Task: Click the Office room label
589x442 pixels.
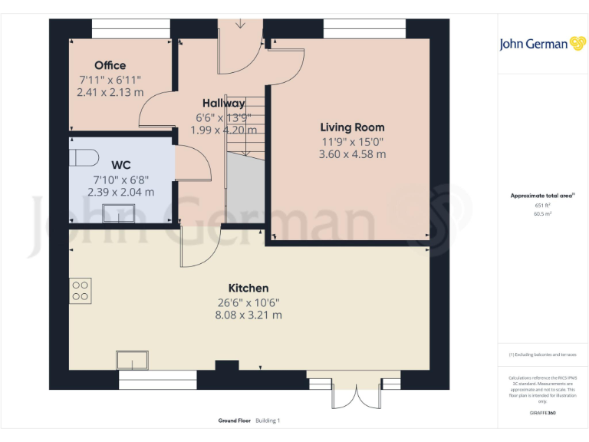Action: click(110, 65)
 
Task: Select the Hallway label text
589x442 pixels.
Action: click(224, 103)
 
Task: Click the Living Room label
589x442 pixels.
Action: click(352, 127)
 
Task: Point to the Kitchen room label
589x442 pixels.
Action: click(248, 288)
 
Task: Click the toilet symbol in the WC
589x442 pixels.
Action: click(84, 157)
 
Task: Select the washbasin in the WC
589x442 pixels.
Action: click(119, 212)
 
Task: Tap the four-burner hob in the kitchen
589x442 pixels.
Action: click(81, 290)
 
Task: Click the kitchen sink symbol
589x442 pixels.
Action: click(133, 360)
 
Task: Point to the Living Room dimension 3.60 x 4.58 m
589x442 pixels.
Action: click(352, 154)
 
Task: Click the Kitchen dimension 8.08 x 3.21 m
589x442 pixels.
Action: click(248, 315)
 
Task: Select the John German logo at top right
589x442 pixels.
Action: click(544, 44)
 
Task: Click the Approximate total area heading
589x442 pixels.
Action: click(543, 196)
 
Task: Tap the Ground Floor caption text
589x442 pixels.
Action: click(235, 421)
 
